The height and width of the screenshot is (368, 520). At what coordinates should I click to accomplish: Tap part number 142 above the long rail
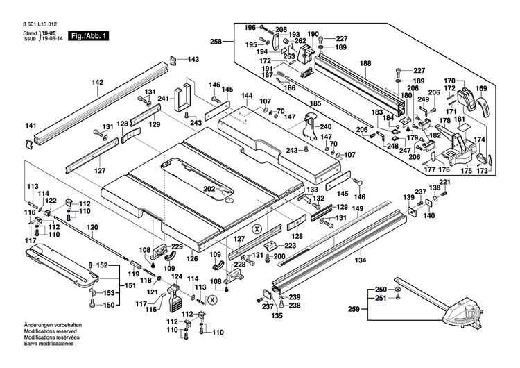click(98, 83)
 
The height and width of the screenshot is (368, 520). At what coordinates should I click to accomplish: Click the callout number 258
click(216, 42)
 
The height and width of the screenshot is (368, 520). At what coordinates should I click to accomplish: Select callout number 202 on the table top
click(209, 188)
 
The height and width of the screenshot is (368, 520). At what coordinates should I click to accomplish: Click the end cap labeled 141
click(30, 142)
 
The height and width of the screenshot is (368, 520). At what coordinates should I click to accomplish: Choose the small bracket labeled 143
click(174, 60)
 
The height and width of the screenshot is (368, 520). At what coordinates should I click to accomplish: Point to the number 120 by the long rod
click(92, 227)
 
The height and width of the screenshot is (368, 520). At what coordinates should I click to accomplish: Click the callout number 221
click(444, 183)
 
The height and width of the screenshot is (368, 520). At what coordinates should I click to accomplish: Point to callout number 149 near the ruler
click(358, 209)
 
